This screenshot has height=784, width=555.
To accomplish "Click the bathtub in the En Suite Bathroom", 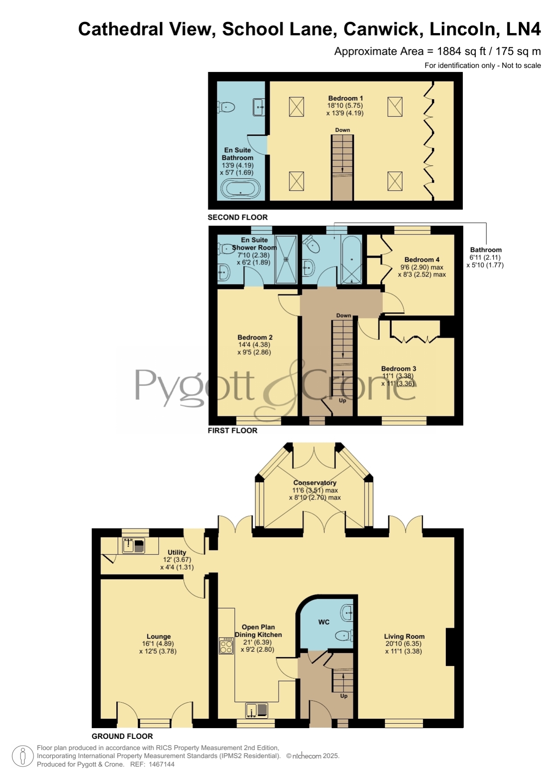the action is pyautogui.click(x=241, y=189).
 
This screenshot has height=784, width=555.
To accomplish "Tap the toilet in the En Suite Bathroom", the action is pyautogui.click(x=226, y=107).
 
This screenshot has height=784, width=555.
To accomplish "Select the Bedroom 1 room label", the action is pyautogui.click(x=345, y=98).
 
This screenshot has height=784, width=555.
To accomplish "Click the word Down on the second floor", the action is pyautogui.click(x=343, y=130).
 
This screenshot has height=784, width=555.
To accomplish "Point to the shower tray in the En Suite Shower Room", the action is pyautogui.click(x=286, y=259).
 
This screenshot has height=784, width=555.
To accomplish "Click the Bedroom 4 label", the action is pyautogui.click(x=422, y=260).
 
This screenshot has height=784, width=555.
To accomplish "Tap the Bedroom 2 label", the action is pyautogui.click(x=255, y=337).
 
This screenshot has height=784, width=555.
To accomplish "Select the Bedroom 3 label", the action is pyautogui.click(x=398, y=369).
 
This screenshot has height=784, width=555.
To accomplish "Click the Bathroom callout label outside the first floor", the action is pyautogui.click(x=486, y=250).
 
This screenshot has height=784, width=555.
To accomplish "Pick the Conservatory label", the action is pyautogui.click(x=315, y=482).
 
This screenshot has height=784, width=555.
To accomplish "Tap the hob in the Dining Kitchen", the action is pyautogui.click(x=226, y=646).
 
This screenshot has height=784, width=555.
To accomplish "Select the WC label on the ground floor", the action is pyautogui.click(x=324, y=622).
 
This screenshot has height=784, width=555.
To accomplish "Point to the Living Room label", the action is pyautogui.click(x=404, y=636).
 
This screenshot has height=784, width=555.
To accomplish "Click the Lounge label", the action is pyautogui.click(x=159, y=636).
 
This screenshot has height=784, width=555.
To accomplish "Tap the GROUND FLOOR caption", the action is pyautogui.click(x=122, y=736).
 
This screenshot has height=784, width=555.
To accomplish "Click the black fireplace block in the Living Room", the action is pyautogui.click(x=450, y=647).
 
